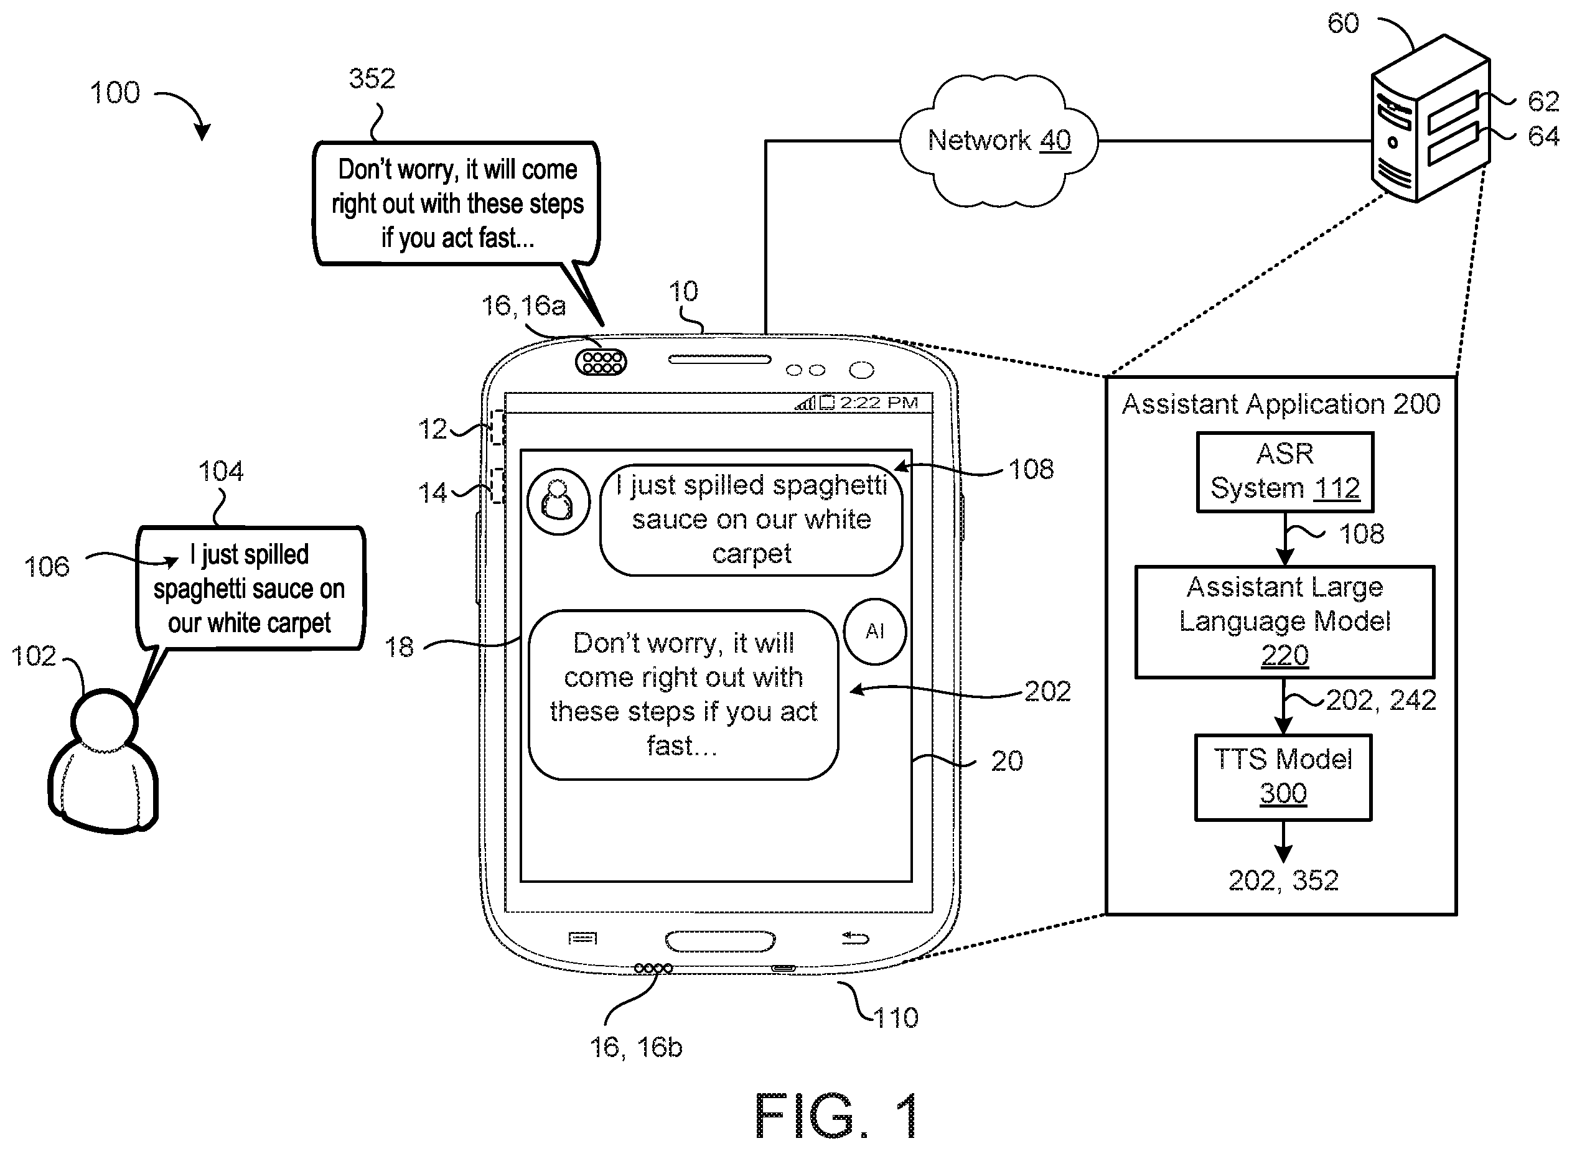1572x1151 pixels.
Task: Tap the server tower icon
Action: (x=1430, y=118)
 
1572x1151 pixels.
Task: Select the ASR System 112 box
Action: (x=1285, y=472)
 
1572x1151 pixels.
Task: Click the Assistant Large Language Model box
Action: (x=1284, y=622)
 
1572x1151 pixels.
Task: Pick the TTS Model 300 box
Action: (x=1283, y=777)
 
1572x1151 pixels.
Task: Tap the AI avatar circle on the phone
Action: (x=874, y=631)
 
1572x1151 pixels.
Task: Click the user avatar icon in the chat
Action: (x=558, y=501)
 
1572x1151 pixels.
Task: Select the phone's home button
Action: (x=720, y=941)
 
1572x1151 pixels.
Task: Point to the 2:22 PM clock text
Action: (x=879, y=403)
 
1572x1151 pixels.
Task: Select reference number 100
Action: (x=115, y=92)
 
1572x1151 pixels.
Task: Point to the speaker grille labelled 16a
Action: (x=601, y=362)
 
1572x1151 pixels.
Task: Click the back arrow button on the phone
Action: (x=855, y=938)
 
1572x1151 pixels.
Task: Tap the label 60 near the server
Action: (x=1343, y=24)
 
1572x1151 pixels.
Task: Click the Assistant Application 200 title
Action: (x=1281, y=404)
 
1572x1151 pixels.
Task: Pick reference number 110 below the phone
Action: (x=896, y=1018)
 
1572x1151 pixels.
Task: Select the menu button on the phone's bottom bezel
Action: (x=582, y=938)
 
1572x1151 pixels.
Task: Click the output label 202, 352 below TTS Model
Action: (x=1283, y=880)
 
